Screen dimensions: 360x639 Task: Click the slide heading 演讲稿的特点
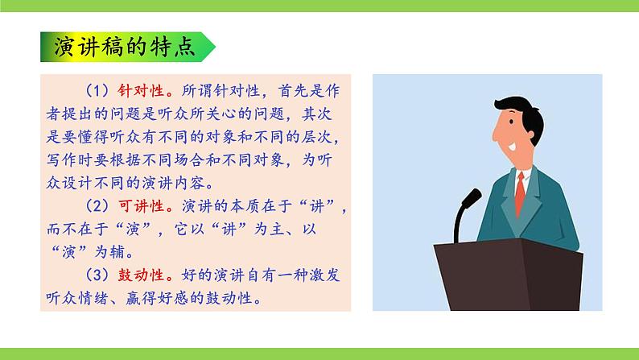(121, 48)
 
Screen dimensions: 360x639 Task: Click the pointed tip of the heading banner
(214, 48)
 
